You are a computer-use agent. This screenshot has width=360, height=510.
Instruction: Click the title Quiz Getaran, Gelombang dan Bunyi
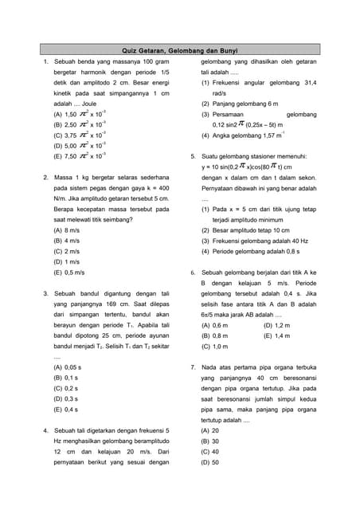[179, 49]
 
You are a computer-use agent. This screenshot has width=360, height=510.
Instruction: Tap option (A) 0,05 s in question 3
[68, 367]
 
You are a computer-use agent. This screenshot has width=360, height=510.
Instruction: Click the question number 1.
[47, 62]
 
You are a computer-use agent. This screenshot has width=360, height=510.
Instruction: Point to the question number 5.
[193, 156]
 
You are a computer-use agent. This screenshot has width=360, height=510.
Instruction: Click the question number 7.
[193, 367]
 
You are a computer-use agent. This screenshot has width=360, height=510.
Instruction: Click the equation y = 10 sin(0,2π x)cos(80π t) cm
[247, 167]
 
